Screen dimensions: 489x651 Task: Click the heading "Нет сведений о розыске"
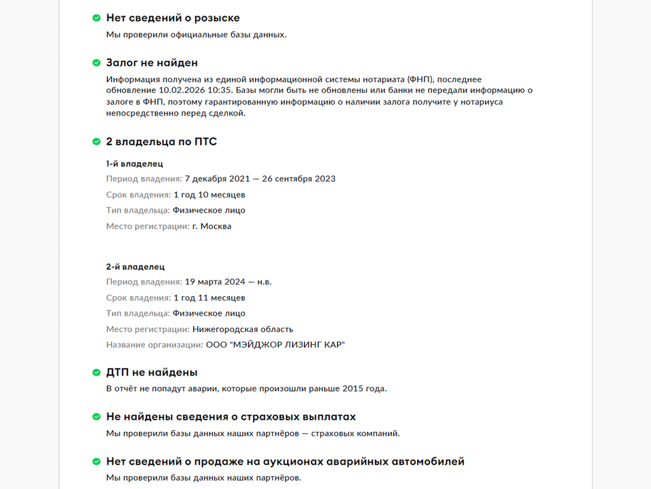pos(173,18)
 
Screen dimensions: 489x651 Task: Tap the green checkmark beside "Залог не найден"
pos(96,63)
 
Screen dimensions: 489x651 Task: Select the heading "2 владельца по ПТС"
pos(161,142)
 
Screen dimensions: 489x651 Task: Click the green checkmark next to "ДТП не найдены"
pos(96,373)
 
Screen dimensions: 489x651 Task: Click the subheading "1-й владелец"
pos(134,164)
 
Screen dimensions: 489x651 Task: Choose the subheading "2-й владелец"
pos(135,267)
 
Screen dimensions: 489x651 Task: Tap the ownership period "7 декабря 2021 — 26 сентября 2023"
pos(260,179)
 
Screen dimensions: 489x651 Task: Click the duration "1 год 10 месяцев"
pos(209,195)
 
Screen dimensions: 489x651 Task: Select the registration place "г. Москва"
pos(212,226)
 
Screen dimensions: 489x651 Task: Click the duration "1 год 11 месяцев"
pos(209,297)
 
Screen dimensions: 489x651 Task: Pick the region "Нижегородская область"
pos(243,329)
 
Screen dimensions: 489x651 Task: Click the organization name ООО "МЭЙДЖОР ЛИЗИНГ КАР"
pos(275,345)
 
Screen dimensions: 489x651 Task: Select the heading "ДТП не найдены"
pos(152,373)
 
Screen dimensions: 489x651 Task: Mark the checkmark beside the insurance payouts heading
pos(96,417)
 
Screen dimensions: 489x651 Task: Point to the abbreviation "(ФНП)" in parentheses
pos(424,79)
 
